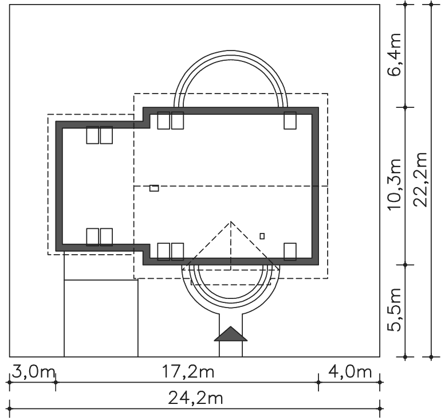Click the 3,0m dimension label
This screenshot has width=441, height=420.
click(33, 372)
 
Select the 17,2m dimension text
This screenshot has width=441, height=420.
click(188, 372)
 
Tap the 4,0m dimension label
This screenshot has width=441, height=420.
click(350, 372)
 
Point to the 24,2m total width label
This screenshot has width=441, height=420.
click(195, 398)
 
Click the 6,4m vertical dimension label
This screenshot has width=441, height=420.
click(394, 55)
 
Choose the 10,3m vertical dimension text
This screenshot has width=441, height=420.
click(394, 185)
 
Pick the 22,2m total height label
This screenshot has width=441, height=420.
click(420, 180)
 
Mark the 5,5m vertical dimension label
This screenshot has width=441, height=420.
click(394, 310)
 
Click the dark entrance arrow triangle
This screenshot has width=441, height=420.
click(231, 334)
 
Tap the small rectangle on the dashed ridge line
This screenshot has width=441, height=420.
click(154, 188)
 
